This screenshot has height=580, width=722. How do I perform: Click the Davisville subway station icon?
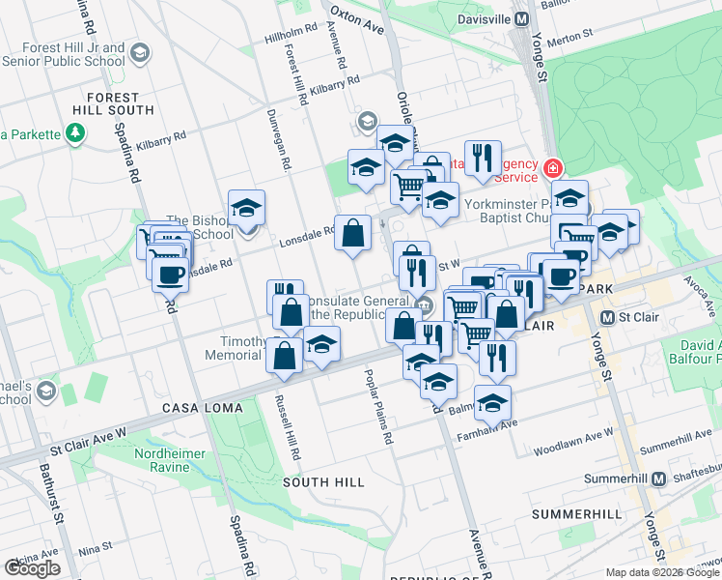coord(521,18)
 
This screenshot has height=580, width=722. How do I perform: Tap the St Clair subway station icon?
coord(608,317)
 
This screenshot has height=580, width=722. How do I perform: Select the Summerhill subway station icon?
coord(659,478)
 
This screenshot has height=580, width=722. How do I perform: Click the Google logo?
coord(32,568)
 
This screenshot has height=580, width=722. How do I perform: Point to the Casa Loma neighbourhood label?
coord(202,408)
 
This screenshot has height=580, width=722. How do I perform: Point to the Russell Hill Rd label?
coord(282,426)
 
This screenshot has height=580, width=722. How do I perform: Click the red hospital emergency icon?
coord(552,169)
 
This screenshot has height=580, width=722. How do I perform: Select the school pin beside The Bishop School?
coord(246,207)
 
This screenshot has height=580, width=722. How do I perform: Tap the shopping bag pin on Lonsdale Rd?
coord(353,232)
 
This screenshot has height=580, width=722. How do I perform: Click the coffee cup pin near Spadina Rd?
coord(171,274)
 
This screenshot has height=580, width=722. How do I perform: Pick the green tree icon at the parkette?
coord(76,132)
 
